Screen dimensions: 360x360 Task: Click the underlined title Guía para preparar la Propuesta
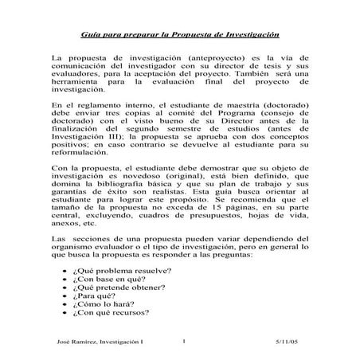click(x=179, y=37)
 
